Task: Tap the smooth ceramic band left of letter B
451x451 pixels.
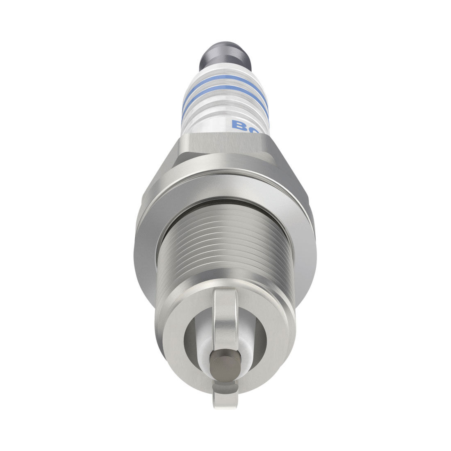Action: tap(205, 123)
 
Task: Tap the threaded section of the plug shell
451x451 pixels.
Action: tap(225, 246)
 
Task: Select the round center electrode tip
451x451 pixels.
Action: tap(225, 361)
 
